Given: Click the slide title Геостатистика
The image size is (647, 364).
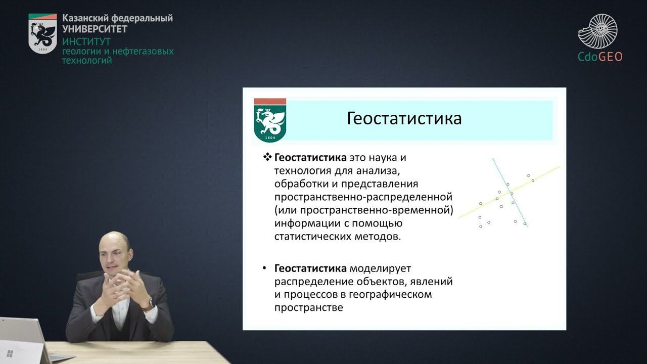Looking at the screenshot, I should pyautogui.click(x=404, y=118).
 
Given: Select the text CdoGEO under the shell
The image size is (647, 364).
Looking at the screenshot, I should pyautogui.click(x=600, y=57).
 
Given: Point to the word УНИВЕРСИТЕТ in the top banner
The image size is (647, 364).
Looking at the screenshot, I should pyautogui.click(x=95, y=29).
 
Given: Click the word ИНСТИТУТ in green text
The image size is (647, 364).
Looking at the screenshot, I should pyautogui.click(x=86, y=41).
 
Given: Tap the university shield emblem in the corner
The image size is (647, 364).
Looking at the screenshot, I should pyautogui.click(x=42, y=34).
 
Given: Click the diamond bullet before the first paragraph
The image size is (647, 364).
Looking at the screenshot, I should pyautogui.click(x=268, y=157).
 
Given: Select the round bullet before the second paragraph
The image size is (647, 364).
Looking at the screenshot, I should pyautogui.click(x=265, y=268).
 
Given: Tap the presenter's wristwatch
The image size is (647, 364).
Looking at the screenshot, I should pyautogui.click(x=149, y=304).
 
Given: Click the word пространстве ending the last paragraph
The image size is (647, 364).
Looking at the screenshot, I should pyautogui.click(x=308, y=307).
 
